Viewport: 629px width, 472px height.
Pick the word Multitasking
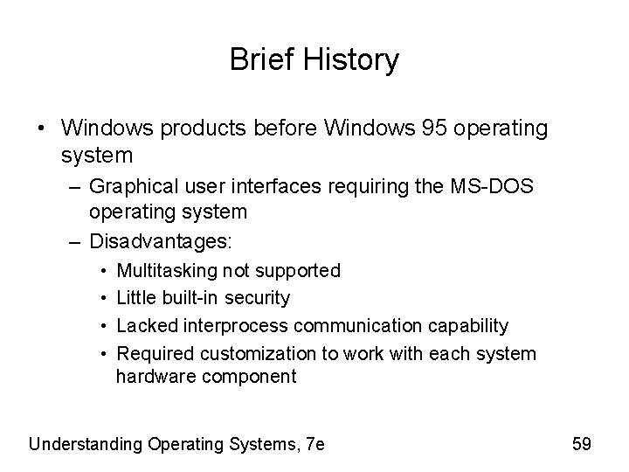[x=167, y=271]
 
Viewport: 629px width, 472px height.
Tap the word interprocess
[x=236, y=326]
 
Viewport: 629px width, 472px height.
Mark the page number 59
[x=581, y=444]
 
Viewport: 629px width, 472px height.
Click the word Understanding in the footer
[x=85, y=444]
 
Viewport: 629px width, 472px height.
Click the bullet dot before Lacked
[x=104, y=326]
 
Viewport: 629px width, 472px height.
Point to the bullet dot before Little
[x=104, y=298]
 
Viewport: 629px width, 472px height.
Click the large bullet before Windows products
[x=44, y=129]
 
